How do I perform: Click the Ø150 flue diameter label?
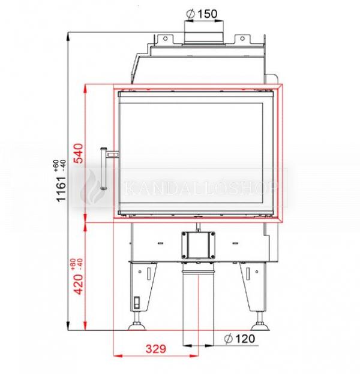202,14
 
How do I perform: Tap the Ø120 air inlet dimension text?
239,339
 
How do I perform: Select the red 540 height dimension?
79,153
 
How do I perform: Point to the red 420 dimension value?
79,284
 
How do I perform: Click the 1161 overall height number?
61,189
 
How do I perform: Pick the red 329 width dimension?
156,349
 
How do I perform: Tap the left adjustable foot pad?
137,326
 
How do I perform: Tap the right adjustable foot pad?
260,326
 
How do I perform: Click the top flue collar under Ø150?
203,38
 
